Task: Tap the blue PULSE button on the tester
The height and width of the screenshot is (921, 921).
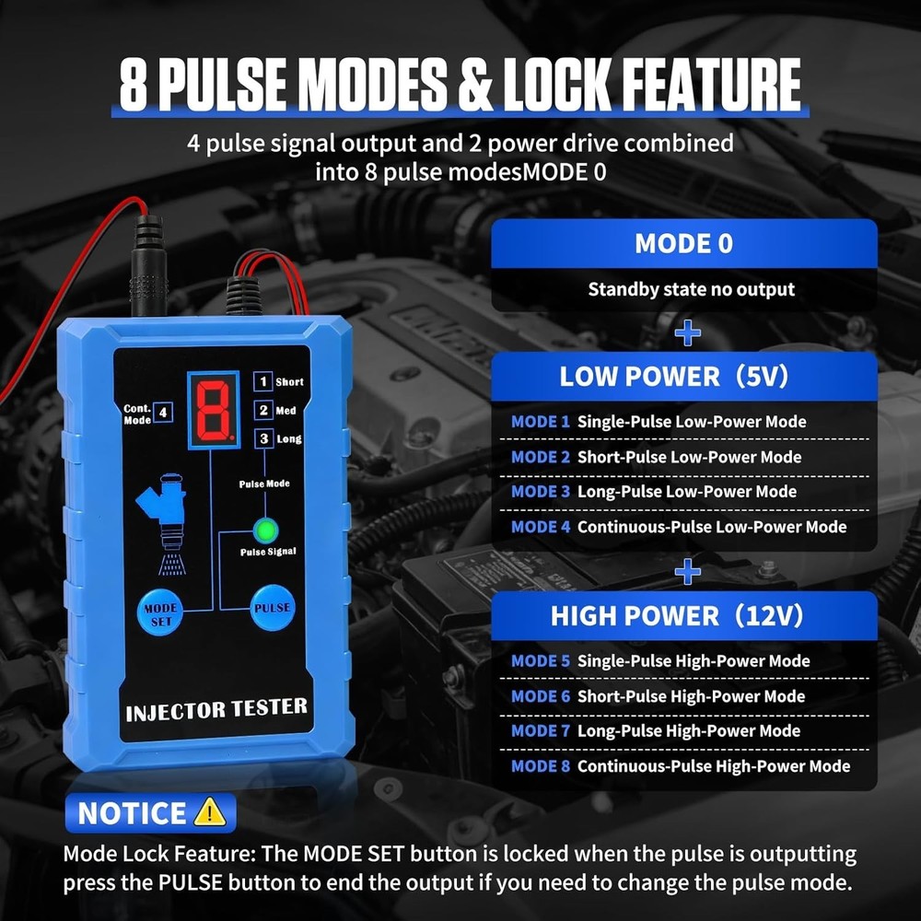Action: (272, 608)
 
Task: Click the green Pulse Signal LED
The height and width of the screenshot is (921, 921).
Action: (265, 530)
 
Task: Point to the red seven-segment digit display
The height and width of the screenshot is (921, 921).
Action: (214, 410)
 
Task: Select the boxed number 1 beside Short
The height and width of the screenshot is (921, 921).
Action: (263, 382)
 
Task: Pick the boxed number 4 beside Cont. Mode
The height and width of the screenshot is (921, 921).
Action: (163, 413)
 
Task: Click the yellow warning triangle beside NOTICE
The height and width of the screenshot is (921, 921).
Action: (210, 812)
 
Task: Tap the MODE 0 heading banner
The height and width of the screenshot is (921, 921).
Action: (684, 244)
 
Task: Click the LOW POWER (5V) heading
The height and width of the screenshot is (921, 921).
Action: (674, 377)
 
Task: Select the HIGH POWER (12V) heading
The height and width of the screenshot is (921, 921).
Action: (677, 615)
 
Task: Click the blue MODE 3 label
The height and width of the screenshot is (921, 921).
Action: (541, 492)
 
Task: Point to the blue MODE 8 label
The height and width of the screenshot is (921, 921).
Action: (541, 766)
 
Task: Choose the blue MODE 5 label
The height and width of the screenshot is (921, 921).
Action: (541, 660)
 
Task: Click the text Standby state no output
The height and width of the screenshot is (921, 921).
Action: (692, 289)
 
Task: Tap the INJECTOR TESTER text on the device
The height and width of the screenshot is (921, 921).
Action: (216, 709)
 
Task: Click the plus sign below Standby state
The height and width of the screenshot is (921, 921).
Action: (688, 333)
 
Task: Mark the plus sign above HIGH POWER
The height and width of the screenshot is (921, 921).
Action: (688, 572)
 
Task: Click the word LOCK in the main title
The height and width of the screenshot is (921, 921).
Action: (555, 84)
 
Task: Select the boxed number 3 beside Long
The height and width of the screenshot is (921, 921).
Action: (263, 438)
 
